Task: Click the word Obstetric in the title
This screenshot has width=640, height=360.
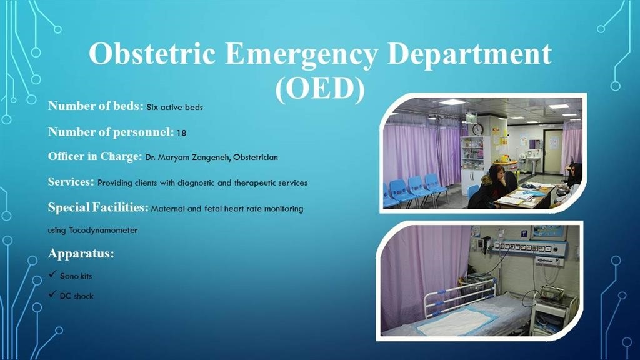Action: point(152,54)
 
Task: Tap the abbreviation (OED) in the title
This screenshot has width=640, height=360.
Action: point(320,88)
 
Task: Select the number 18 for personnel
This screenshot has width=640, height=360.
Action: point(182,133)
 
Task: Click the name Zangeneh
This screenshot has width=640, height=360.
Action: point(211,157)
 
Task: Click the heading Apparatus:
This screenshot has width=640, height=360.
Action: point(81,254)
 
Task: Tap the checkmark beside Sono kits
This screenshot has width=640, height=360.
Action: point(52,274)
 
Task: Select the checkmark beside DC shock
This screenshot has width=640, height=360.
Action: point(52,294)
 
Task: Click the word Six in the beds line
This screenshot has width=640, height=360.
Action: point(152,107)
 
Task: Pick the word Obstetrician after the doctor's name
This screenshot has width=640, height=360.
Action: point(256,157)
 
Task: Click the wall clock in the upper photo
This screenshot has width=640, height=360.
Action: point(477,129)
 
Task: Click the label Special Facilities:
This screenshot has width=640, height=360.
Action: point(98,207)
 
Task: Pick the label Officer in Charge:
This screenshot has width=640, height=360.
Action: point(95,157)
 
